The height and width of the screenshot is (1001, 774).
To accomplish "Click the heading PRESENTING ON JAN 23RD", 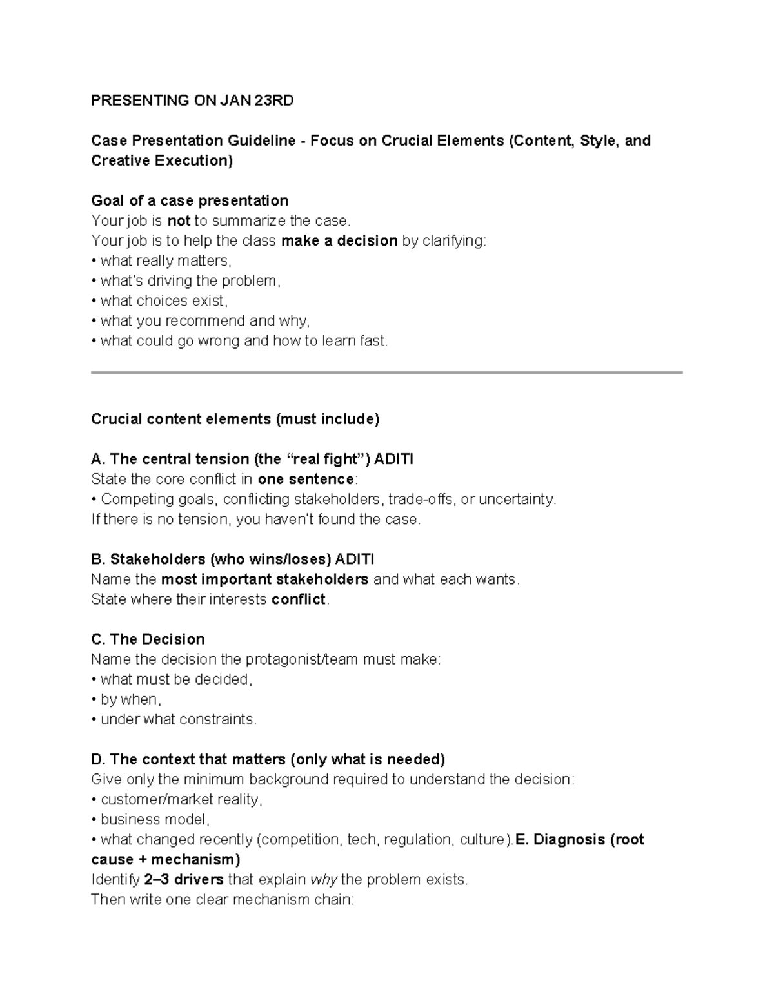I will click(192, 101).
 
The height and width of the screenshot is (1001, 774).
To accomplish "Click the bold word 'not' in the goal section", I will click(179, 221).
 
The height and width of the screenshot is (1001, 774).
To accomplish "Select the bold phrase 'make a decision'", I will click(339, 241).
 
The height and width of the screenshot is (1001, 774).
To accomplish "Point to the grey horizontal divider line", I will click(386, 373).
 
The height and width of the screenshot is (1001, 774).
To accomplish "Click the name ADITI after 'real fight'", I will click(394, 460).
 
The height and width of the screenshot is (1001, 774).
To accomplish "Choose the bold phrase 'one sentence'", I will click(305, 480).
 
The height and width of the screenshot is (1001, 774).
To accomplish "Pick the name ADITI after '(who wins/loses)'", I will click(355, 559).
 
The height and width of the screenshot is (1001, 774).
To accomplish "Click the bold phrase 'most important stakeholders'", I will click(264, 579).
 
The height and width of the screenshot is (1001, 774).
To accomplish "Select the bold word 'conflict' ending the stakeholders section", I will click(299, 599).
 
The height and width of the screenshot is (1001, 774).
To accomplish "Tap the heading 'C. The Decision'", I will click(148, 639).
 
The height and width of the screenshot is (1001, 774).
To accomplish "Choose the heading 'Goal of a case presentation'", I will click(190, 200).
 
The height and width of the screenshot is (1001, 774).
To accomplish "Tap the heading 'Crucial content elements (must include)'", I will click(235, 420).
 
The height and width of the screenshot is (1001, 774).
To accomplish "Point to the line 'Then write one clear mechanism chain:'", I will click(223, 900).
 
